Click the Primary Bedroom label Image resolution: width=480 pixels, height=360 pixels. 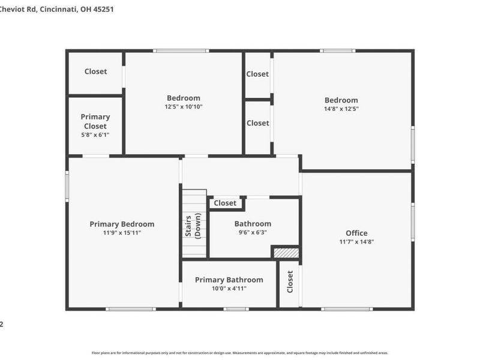[122, 224]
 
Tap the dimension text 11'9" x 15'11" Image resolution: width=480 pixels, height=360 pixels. [122, 233]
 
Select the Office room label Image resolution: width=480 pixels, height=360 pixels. [356, 233]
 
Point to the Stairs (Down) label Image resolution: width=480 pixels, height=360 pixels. [193, 226]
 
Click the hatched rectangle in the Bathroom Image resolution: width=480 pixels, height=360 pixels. [286, 253]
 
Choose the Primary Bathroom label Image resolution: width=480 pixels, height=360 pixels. [229, 280]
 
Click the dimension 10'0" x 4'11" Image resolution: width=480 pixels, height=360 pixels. [229, 289]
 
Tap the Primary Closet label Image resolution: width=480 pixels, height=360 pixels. [95, 121]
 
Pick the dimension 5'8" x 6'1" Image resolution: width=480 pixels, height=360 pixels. [95, 135]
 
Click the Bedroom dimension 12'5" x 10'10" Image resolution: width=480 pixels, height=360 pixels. [184, 107]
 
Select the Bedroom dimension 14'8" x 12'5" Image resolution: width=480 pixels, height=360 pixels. [341, 109]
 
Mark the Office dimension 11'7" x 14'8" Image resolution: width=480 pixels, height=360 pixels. [356, 242]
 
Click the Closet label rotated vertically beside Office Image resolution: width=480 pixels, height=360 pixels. [290, 281]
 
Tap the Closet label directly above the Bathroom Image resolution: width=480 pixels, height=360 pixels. [225, 203]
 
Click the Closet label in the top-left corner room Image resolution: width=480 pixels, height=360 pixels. [95, 71]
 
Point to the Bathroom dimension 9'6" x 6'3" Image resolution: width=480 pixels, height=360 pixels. [253, 233]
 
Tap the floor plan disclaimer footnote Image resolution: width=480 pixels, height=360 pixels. [240, 353]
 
